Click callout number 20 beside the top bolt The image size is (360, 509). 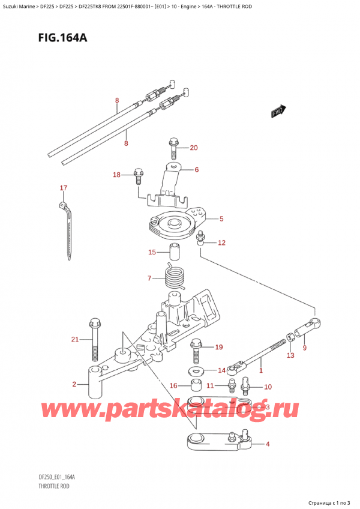(x=193, y=148)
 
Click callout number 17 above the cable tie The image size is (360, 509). (x=64, y=188)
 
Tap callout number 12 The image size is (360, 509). (x=221, y=243)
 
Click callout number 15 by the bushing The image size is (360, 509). (x=152, y=251)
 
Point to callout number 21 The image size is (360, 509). (x=74, y=340)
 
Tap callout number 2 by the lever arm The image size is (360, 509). (x=74, y=384)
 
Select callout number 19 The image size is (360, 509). (x=218, y=347)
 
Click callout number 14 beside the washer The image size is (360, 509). (x=221, y=370)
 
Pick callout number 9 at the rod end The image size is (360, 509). (x=304, y=348)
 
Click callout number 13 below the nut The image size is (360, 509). (x=290, y=356)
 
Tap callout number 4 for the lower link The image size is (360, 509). (x=268, y=445)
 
